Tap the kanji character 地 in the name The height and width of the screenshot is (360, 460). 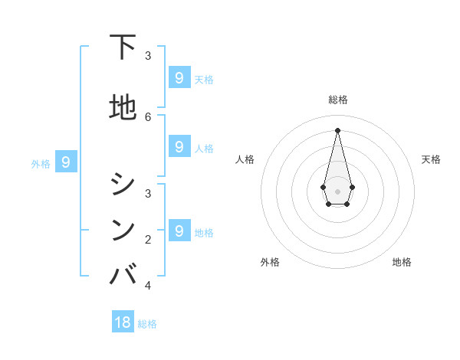(x=123, y=107)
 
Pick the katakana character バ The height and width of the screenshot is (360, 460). (x=123, y=273)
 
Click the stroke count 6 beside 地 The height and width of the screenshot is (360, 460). (x=148, y=116)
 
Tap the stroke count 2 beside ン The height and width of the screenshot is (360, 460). (x=148, y=240)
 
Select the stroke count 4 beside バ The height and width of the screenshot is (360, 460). (x=148, y=286)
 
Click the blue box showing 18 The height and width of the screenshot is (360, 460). (x=123, y=322)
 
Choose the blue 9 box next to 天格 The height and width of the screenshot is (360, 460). (x=179, y=77)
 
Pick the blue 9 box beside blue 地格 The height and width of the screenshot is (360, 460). (x=179, y=230)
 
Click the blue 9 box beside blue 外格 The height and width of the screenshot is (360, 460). (x=66, y=162)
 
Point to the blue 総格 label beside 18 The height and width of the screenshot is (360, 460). (x=147, y=324)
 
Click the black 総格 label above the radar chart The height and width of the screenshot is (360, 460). (x=337, y=100)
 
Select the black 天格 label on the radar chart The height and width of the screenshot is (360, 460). (x=431, y=159)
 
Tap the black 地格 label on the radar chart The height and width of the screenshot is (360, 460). (x=402, y=262)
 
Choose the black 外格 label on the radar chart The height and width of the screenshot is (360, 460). (x=270, y=262)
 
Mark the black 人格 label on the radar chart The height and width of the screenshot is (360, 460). (x=245, y=159)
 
